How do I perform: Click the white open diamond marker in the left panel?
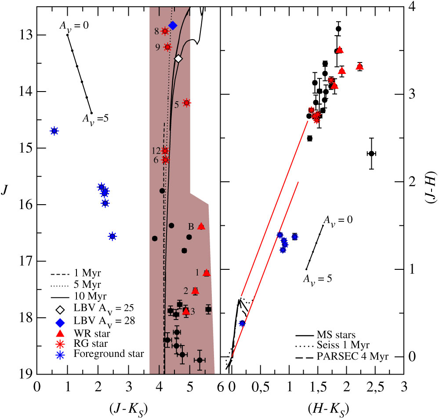pyautogui.click(x=178, y=59)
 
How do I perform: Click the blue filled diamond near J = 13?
pyautogui.click(x=173, y=26)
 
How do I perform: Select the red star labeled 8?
pyautogui.click(x=165, y=31)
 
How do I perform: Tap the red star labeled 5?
pyautogui.click(x=186, y=103)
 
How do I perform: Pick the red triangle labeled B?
pyautogui.click(x=201, y=226)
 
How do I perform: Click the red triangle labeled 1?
pyautogui.click(x=207, y=273)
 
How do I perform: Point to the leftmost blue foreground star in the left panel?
pyautogui.click(x=54, y=131)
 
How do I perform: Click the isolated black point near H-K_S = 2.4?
pyautogui.click(x=371, y=153)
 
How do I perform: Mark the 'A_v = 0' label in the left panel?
pyautogui.click(x=74, y=26)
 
